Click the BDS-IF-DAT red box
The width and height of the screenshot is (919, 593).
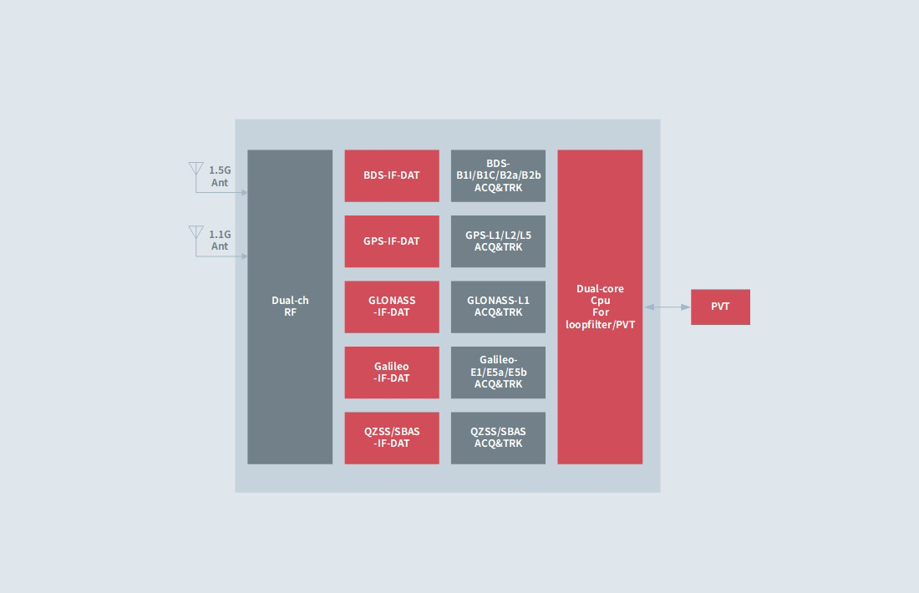coord(392,175)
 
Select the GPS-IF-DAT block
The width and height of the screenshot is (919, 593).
coord(392,241)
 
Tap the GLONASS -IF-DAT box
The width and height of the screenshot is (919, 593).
coord(392,307)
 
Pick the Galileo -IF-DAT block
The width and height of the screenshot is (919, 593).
coord(392,373)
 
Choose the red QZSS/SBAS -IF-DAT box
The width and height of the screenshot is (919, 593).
coord(392,438)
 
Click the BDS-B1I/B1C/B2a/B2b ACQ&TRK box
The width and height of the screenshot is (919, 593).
coord(498,175)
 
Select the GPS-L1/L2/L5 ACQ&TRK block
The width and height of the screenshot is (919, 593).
coord(498,241)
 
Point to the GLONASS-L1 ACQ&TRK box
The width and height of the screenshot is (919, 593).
coord(498,307)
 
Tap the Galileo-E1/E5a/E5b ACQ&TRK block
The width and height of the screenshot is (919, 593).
coord(498,373)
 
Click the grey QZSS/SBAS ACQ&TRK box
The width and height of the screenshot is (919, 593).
coord(498,438)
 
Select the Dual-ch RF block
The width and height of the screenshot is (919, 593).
coord(290,307)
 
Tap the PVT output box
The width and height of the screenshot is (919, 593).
coord(720,307)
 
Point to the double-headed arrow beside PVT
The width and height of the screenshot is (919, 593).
coord(667,307)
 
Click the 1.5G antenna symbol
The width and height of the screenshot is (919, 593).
coord(196,170)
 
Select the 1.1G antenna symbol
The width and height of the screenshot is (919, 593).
coord(196,233)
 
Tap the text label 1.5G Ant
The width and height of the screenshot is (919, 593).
coord(220,176)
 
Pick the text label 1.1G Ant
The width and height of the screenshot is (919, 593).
coord(220,241)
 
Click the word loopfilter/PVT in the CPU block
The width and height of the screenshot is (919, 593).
coord(600,324)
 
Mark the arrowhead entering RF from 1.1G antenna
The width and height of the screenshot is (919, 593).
coord(244,256)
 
